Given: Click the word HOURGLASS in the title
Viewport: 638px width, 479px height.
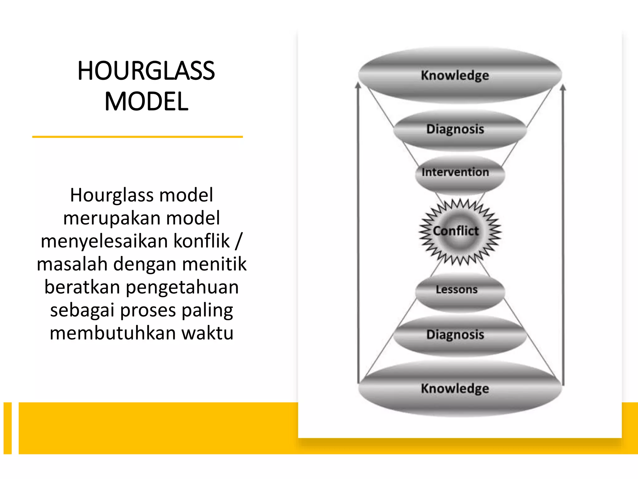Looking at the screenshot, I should click(146, 71).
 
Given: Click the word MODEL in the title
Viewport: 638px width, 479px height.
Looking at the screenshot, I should click(146, 101).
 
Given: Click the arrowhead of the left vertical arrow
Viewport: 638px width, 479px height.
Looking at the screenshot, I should click(358, 85).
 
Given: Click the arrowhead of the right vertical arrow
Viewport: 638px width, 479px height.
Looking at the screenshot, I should click(563, 88).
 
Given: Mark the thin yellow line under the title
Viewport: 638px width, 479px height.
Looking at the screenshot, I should click(137, 137).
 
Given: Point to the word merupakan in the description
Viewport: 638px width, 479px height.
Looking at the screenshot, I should click(112, 218).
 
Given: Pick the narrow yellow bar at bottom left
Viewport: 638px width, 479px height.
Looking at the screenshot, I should click(7, 428).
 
